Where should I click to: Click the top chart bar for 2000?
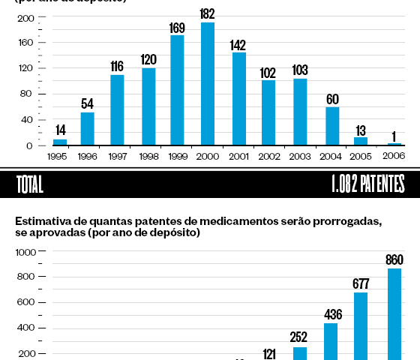coord(208,84)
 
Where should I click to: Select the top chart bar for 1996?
coord(88,128)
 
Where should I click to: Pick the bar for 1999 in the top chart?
coord(177,90)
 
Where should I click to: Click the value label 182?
coord(208,13)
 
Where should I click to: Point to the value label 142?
coord(238,44)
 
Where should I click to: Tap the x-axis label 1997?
coord(117,157)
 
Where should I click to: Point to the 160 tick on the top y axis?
coord(25,43)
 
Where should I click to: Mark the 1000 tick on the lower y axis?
coord(22,253)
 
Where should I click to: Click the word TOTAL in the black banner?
coord(28,184)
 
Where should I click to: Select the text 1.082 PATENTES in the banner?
coord(366,184)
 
